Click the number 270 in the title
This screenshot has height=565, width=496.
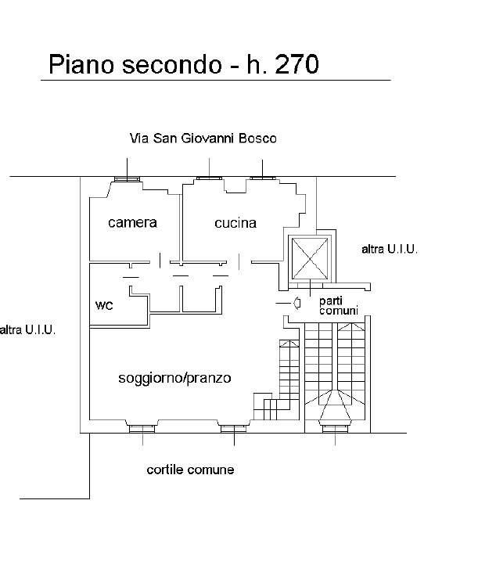[293, 64]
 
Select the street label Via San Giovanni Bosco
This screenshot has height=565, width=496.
[203, 139]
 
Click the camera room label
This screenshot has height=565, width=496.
[132, 223]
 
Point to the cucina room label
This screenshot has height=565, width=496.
[235, 223]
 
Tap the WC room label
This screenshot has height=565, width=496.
[104, 305]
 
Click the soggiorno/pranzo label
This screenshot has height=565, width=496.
[174, 379]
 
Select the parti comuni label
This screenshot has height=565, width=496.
[339, 305]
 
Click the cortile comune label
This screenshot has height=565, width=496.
[190, 470]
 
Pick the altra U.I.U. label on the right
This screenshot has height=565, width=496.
[390, 250]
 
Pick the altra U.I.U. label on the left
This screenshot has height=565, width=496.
[27, 330]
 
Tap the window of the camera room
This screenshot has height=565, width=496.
[126, 179]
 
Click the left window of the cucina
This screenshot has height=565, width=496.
[209, 178]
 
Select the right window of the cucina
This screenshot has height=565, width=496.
[262, 178]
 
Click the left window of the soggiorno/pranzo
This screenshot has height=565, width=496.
[142, 428]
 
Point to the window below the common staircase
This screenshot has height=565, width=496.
[335, 427]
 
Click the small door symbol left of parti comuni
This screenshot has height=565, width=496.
[297, 303]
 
